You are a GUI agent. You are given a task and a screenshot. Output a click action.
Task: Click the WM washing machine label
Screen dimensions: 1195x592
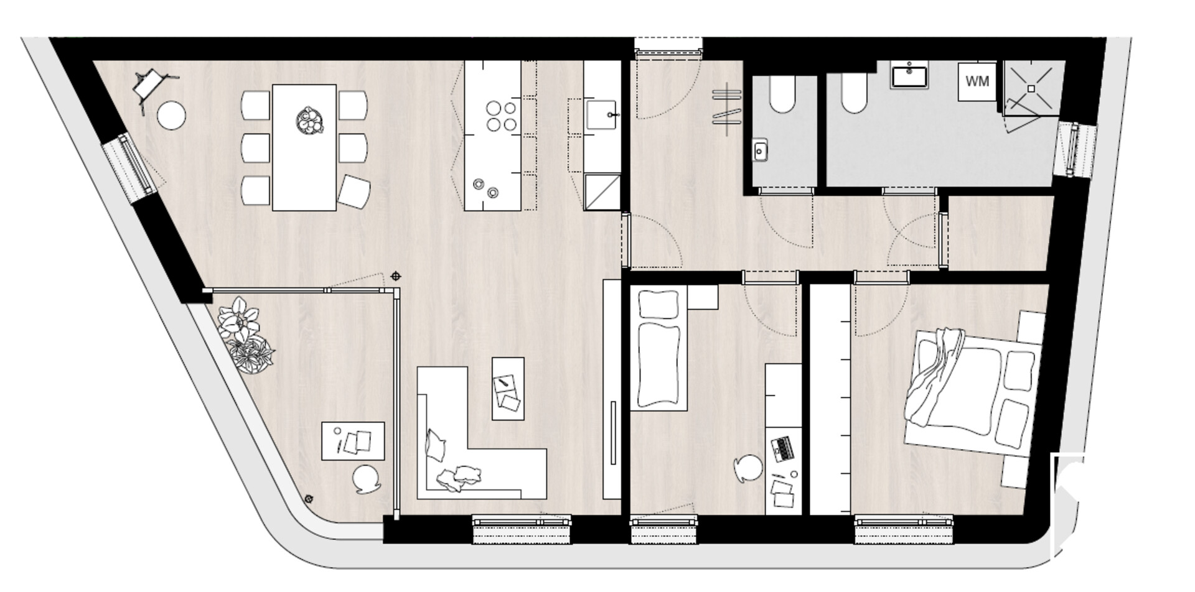(977, 81)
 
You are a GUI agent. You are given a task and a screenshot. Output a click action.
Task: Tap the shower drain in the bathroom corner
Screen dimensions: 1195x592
(1031, 89)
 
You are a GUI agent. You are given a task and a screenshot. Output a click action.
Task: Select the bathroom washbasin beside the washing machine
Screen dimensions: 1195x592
(909, 75)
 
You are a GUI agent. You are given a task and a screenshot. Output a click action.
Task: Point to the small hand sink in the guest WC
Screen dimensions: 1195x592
(759, 149)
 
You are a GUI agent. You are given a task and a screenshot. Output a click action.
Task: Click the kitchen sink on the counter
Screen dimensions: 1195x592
(601, 114)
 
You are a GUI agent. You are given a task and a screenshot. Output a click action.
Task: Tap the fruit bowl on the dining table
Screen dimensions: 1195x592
(309, 120)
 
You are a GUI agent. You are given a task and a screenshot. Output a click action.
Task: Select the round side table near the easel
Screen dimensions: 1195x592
(171, 116)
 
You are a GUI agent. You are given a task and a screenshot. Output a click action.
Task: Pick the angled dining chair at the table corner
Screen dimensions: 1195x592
(354, 192)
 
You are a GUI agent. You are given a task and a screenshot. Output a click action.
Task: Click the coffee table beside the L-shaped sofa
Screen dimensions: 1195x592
(508, 389)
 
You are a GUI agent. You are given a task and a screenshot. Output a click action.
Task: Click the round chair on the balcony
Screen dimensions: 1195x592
(367, 479)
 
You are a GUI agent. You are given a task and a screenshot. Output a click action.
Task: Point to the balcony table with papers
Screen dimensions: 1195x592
(353, 441)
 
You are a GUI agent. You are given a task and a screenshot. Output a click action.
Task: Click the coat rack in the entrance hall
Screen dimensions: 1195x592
(728, 107)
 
